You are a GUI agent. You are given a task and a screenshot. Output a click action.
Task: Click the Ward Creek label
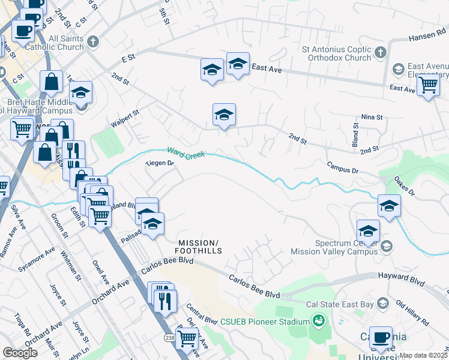(186, 154)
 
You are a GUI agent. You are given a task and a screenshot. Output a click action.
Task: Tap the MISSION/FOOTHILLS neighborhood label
(199, 246)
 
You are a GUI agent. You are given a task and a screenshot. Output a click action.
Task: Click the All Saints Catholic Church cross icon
(92, 42)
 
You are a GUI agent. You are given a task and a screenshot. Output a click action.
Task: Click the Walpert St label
(125, 118)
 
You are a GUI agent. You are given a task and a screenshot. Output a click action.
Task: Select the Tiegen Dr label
(160, 163)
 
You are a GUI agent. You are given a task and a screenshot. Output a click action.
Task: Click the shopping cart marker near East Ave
(428, 86)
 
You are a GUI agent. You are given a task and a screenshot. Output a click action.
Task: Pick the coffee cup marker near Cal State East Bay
(380, 337)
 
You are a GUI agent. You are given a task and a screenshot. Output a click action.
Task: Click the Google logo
(20, 353)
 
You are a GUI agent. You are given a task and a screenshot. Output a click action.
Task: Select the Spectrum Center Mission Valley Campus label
(348, 247)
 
